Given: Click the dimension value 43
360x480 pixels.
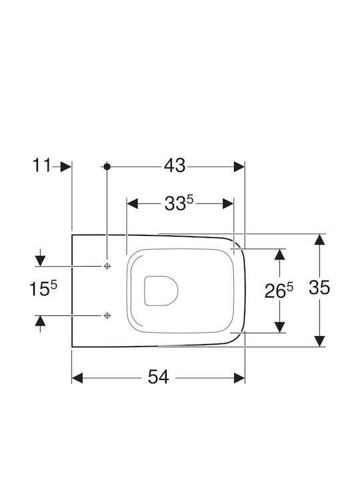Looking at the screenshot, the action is (x=175, y=166).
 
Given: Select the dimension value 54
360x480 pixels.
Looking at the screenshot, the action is (x=158, y=377).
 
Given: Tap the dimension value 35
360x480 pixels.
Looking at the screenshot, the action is (x=319, y=287).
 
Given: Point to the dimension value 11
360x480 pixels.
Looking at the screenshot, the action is (x=41, y=165).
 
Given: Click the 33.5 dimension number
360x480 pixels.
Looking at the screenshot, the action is (x=179, y=203).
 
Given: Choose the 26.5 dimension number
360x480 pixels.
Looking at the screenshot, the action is (x=279, y=291).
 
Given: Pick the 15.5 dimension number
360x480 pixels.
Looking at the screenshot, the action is (x=43, y=289).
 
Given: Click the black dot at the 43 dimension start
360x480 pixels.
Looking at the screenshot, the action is (x=107, y=167).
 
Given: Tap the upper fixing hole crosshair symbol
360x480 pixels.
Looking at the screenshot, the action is (x=107, y=266).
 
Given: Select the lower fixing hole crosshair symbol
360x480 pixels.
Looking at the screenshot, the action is (x=107, y=315).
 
